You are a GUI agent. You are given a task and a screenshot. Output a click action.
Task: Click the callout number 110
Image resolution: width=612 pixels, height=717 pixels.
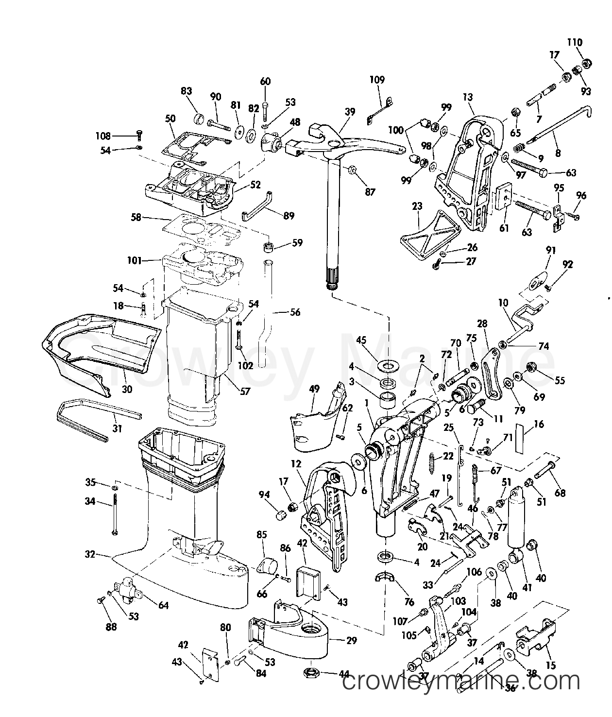[575, 42]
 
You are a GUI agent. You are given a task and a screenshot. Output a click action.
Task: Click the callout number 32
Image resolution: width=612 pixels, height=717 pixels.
[89, 554]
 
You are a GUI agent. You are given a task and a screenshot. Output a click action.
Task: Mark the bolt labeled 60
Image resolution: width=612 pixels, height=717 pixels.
[265, 113]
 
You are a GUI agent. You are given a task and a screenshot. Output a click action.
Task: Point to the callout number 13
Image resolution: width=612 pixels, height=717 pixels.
[467, 97]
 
